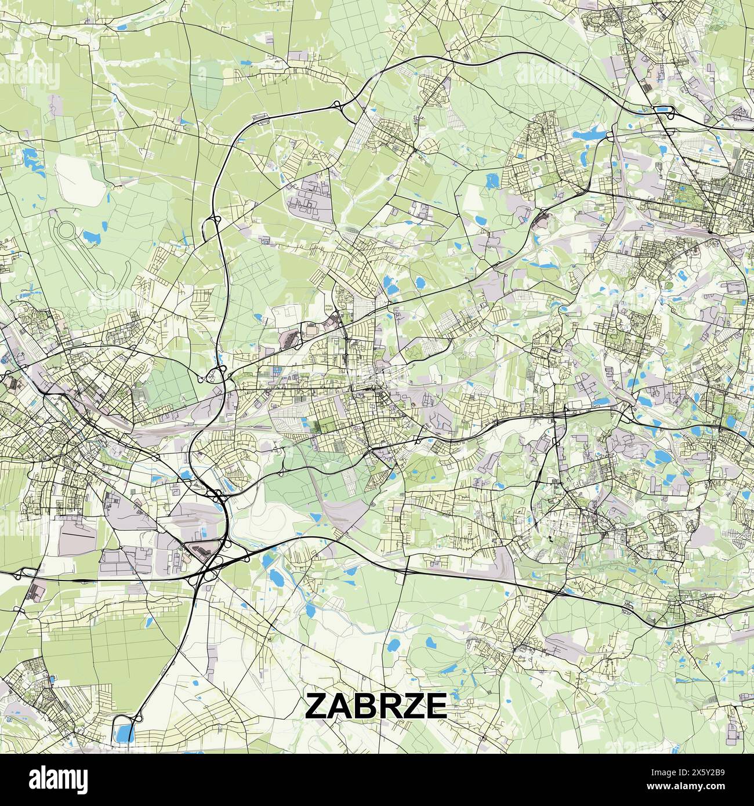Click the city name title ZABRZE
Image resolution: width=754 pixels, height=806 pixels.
click(376, 705)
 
